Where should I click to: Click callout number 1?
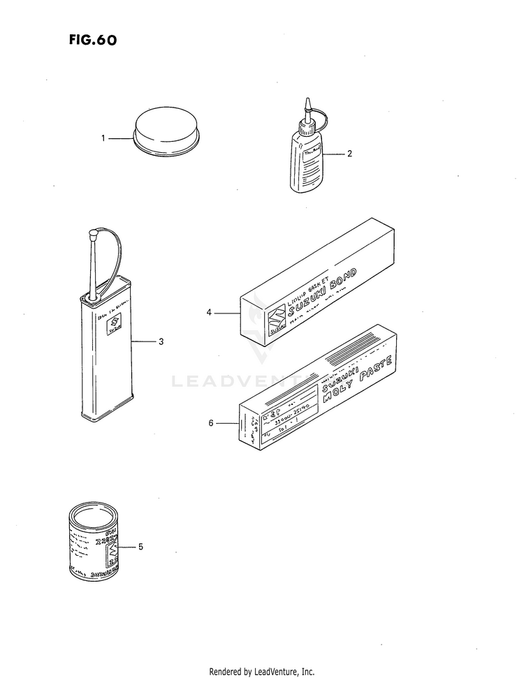[x=103, y=138]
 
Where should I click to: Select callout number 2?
[x=350, y=154]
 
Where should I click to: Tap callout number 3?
[x=161, y=341]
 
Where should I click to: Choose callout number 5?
[x=140, y=547]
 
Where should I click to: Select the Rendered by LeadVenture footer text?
[x=261, y=672]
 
